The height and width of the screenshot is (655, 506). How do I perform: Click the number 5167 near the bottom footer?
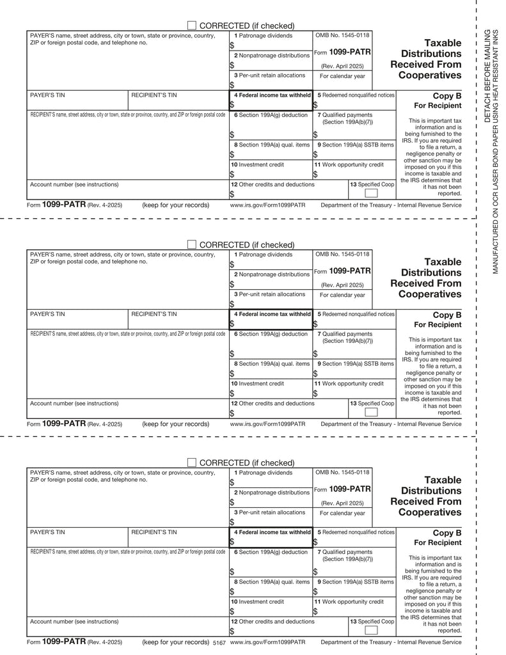pyautogui.click(x=219, y=642)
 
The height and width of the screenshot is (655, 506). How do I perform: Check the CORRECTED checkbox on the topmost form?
pyautogui.click(x=192, y=25)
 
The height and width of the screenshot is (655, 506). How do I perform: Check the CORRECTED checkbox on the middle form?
pyautogui.click(x=192, y=244)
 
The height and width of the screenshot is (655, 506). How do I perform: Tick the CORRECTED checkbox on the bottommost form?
pyautogui.click(x=192, y=462)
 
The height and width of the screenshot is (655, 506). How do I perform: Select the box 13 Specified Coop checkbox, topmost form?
pyautogui.click(x=371, y=194)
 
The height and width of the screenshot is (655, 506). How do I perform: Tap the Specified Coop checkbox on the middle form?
pyautogui.click(x=371, y=413)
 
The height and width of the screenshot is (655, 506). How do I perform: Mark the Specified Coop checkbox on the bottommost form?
pyautogui.click(x=371, y=631)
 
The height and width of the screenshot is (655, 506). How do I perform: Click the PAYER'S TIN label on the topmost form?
pyautogui.click(x=47, y=95)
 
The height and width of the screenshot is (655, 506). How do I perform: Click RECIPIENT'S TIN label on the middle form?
pyautogui.click(x=154, y=314)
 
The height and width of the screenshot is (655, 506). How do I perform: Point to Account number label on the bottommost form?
pyautogui.click(x=74, y=621)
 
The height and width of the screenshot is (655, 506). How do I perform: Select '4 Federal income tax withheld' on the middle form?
pyautogui.click(x=272, y=314)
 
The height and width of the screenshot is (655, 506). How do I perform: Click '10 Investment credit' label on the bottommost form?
pyautogui.click(x=258, y=602)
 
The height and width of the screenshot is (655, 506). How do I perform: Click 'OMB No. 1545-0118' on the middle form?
pyautogui.click(x=342, y=254)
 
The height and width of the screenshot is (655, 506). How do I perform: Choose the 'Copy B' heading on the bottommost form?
pyautogui.click(x=447, y=533)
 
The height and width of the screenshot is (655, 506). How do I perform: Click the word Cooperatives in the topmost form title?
pyautogui.click(x=429, y=75)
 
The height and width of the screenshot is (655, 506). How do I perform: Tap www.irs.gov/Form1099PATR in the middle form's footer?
pyautogui.click(x=267, y=423)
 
